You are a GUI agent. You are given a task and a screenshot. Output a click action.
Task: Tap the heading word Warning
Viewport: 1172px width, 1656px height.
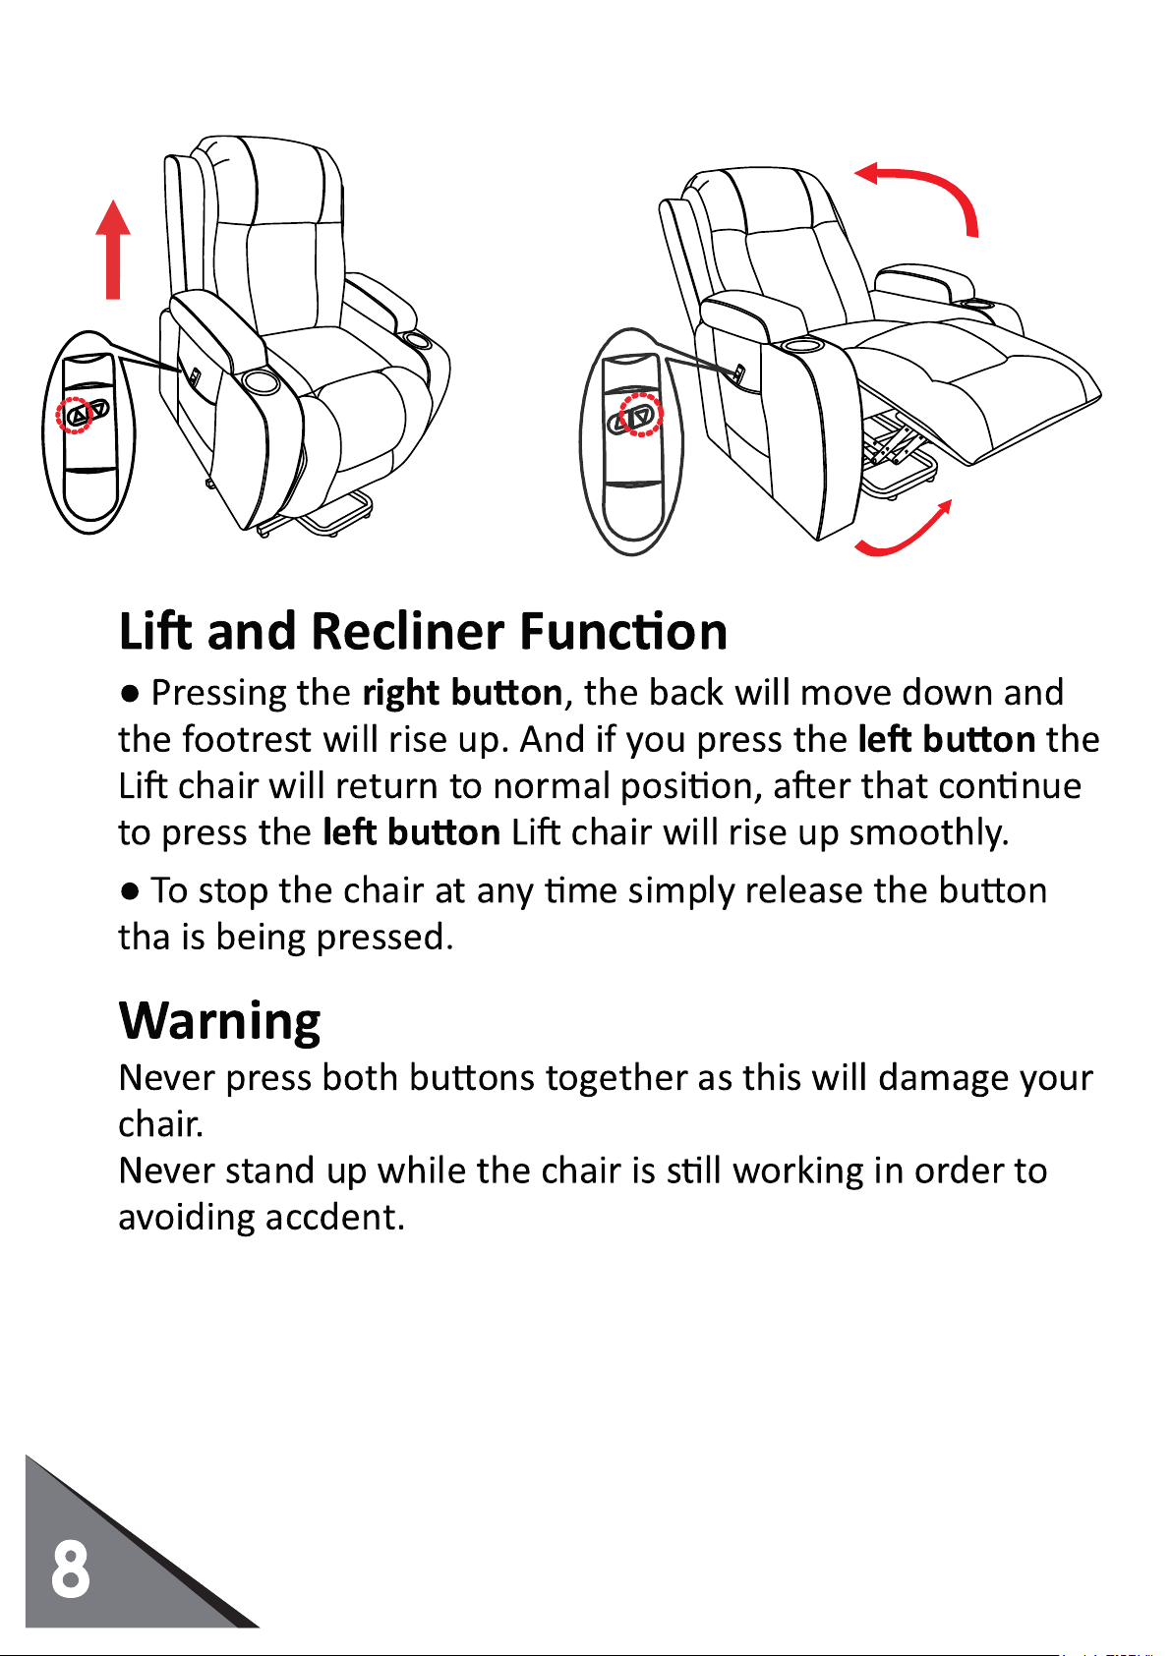(219, 1023)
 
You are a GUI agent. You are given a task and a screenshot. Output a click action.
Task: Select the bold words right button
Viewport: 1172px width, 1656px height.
(462, 693)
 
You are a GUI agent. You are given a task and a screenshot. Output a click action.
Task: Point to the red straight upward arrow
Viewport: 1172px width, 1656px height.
(113, 250)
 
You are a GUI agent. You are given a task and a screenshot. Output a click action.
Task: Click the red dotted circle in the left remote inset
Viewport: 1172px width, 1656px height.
(75, 416)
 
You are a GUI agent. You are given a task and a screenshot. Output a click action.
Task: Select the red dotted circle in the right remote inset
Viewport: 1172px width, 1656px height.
(640, 415)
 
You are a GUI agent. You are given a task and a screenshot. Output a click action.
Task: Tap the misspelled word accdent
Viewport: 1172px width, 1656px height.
(335, 1218)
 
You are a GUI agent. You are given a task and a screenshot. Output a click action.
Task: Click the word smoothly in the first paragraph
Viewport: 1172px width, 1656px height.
(928, 833)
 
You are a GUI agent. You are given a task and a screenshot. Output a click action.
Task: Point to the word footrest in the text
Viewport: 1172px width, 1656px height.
(247, 739)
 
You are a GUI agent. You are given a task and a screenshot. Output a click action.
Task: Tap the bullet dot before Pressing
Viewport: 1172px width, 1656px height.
(130, 694)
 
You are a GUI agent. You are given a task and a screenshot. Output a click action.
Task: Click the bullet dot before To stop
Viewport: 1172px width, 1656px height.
(130, 891)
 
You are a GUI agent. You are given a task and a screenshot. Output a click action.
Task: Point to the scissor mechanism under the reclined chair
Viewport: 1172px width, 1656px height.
(896, 446)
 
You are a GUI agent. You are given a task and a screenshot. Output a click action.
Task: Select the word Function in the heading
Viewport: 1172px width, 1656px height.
(623, 632)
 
